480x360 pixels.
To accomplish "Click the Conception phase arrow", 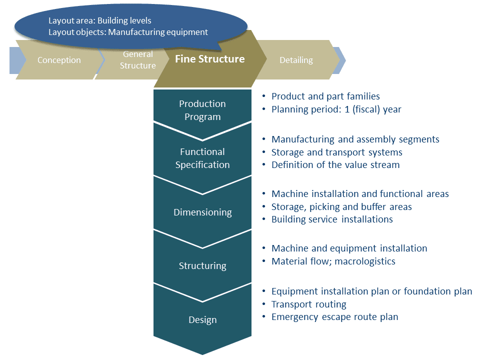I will (59, 60).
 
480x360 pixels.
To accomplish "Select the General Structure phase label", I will (137, 60).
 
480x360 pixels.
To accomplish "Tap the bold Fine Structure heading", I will (209, 59).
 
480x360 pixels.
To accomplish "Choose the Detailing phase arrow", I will (296, 60).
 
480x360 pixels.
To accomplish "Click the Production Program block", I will (202, 110).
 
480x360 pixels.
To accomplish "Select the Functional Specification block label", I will (202, 158).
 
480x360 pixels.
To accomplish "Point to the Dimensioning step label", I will (202, 212).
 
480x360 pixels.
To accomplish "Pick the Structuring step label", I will (202, 265).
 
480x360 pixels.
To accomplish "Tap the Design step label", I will (202, 319).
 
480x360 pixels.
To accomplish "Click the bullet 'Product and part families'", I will (325, 96).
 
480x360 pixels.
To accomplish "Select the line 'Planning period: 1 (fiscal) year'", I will (336, 109).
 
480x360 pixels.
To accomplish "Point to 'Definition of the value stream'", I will (335, 164).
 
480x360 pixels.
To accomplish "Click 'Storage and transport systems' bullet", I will (336, 152).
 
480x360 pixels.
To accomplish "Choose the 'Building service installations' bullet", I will (332, 219).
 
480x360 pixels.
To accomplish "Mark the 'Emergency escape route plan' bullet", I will (334, 316).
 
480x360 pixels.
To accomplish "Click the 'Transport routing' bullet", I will (308, 304).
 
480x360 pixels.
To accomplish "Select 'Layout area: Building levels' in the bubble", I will (99, 21).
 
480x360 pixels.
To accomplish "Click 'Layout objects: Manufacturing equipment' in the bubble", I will (127, 32).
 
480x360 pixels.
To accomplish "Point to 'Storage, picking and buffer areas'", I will (341, 206).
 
